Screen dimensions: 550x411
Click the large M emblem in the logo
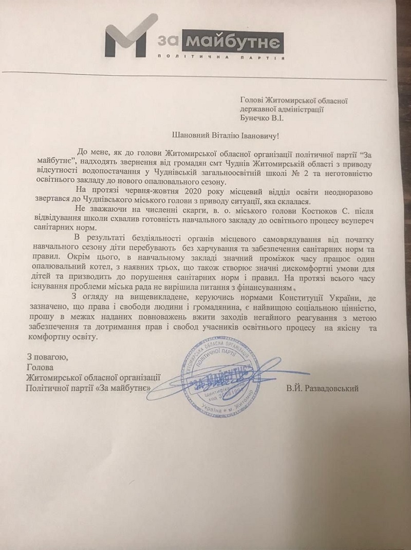coord(128,44)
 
